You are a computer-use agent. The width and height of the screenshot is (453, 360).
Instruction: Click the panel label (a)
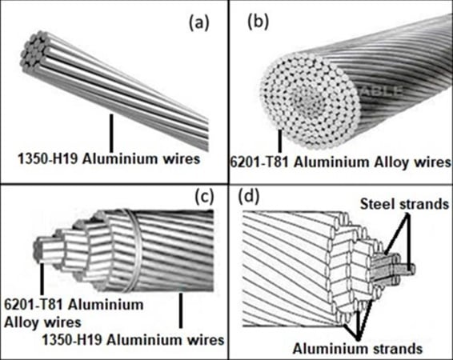tap(198, 23)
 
